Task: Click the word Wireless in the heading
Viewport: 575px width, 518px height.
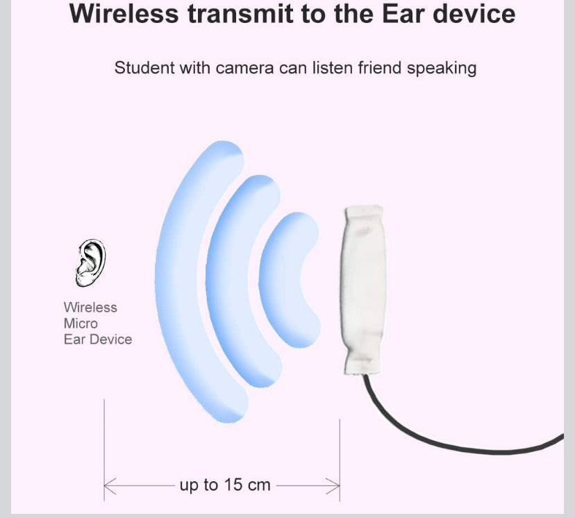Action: point(124,14)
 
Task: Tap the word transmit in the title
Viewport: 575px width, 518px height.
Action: point(240,14)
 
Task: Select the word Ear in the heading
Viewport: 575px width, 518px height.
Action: point(403,14)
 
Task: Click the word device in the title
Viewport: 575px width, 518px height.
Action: point(474,14)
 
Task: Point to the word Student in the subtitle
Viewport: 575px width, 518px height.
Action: point(144,68)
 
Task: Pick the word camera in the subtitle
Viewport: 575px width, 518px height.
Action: point(244,69)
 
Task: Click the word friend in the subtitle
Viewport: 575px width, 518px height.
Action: point(380,68)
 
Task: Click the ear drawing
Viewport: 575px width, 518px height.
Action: point(90,262)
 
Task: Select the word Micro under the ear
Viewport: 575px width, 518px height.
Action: point(81,324)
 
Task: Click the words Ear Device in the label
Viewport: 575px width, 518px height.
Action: point(98,340)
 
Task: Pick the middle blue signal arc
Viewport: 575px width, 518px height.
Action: point(215,283)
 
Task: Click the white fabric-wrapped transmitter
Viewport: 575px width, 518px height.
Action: point(362,290)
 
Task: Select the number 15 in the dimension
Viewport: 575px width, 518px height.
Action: point(233,485)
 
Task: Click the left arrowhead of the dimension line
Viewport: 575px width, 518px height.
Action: point(110,486)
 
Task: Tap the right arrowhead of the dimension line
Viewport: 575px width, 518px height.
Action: point(333,486)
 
